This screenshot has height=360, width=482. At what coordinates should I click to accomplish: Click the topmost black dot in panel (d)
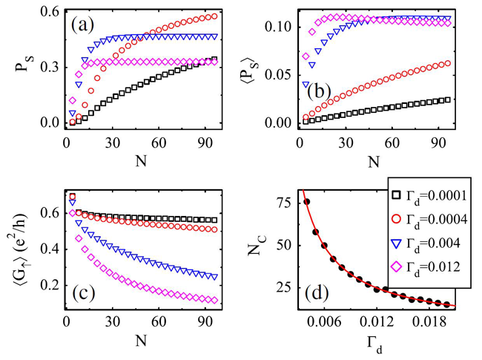click(306, 202)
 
